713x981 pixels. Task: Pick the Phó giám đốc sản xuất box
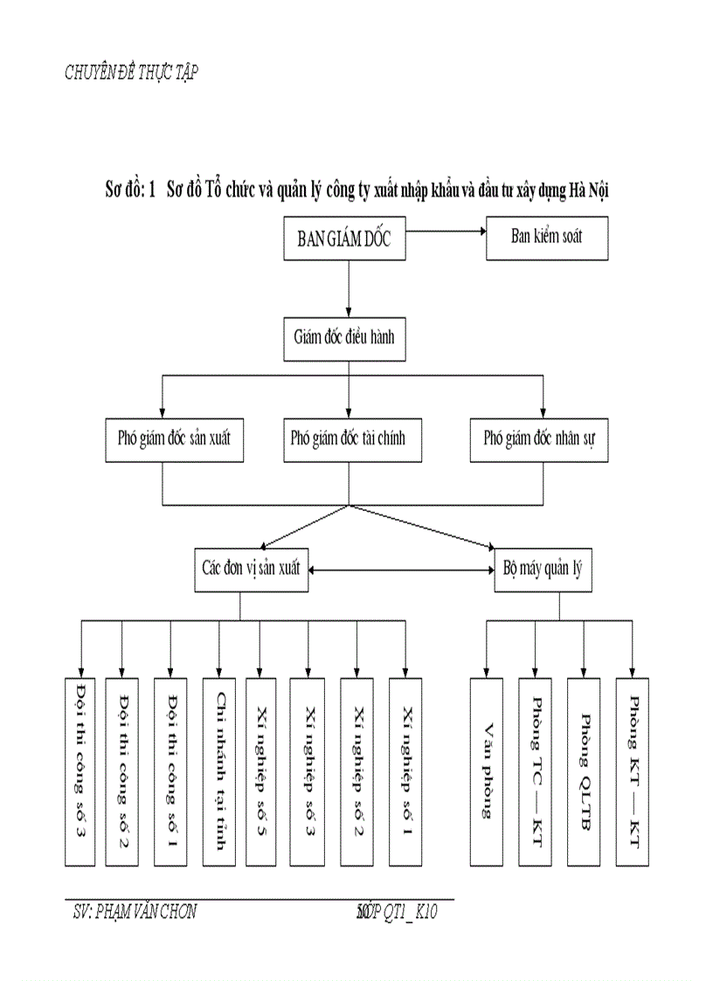tap(174, 439)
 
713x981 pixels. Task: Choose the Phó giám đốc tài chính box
tap(348, 439)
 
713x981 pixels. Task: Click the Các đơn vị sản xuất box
tap(250, 569)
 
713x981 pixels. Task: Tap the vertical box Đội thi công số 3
tap(80, 771)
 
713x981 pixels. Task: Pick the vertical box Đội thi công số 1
tap(171, 771)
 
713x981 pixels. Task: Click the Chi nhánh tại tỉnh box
tap(218, 771)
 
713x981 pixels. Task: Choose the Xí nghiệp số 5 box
tap(260, 771)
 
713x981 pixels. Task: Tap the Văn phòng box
tap(487, 771)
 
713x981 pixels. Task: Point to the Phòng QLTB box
tap(584, 771)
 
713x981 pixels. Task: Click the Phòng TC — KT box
tap(535, 771)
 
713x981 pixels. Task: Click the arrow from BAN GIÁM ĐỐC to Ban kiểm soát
tap(446, 231)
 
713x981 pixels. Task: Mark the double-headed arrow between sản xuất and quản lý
tap(401, 570)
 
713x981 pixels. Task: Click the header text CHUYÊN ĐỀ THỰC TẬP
tap(131, 73)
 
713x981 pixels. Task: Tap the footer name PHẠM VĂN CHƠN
tap(135, 912)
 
